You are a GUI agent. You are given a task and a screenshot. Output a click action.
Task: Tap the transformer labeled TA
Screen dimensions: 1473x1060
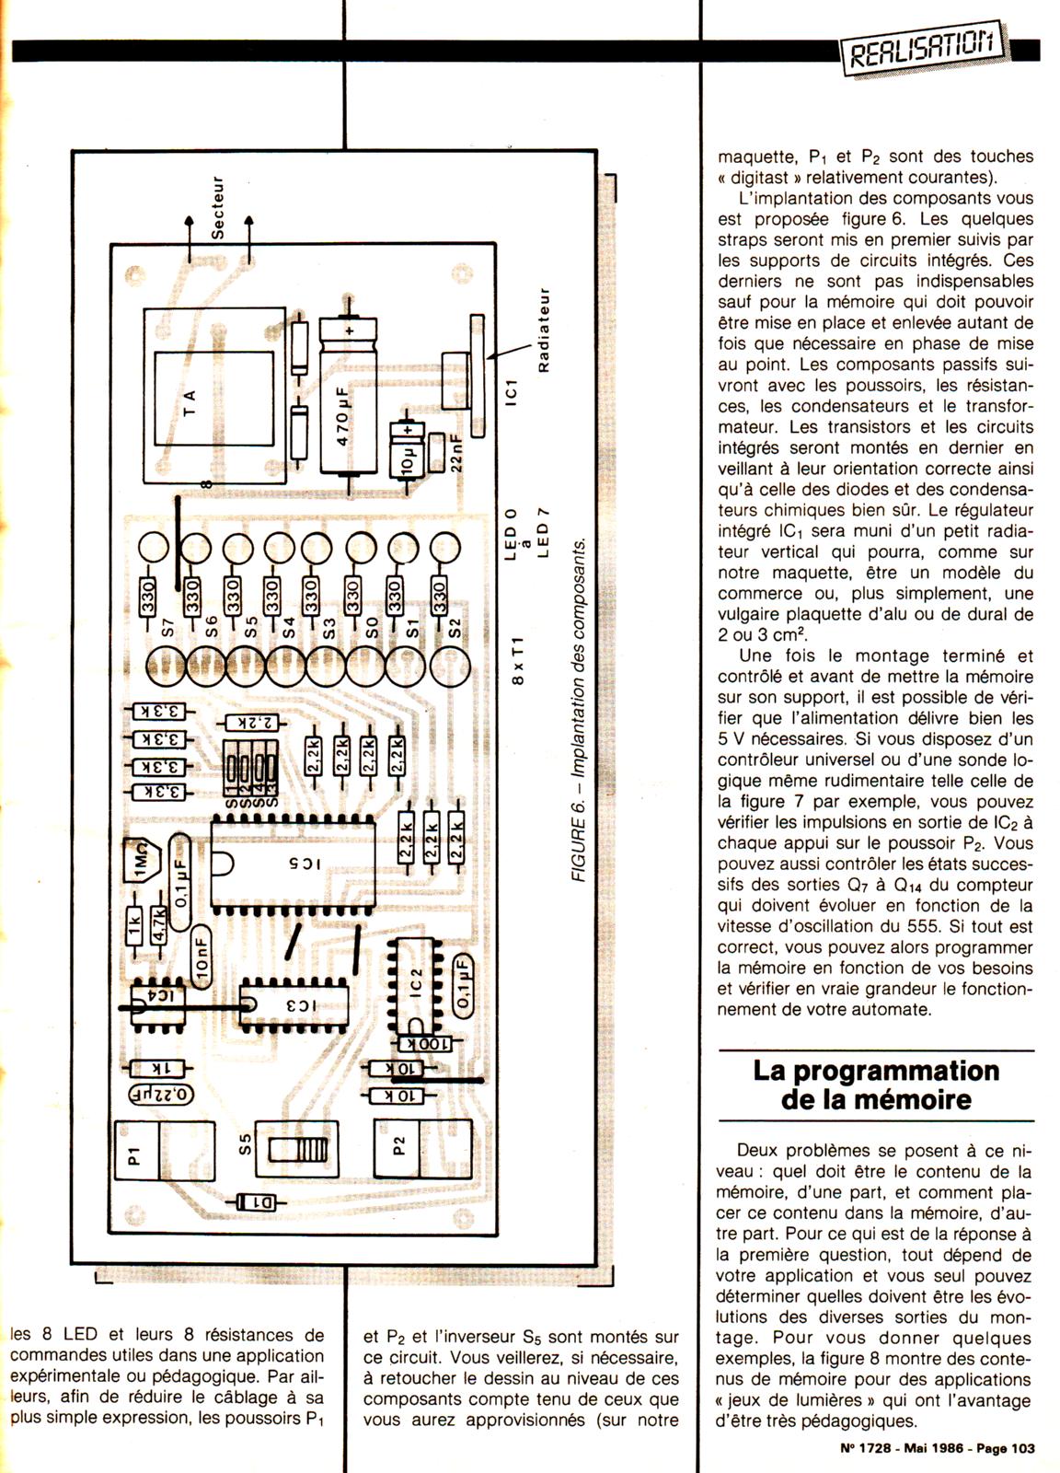point(213,396)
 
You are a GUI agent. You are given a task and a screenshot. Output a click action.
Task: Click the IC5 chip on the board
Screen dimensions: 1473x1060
point(294,864)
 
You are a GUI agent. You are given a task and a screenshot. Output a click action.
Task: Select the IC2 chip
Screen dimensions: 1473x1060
point(416,985)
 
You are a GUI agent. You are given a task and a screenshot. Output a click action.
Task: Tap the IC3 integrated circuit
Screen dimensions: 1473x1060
point(294,1005)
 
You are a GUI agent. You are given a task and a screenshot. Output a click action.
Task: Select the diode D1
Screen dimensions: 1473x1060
point(262,1201)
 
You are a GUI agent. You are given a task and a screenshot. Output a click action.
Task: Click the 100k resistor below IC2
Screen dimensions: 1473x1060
point(426,1044)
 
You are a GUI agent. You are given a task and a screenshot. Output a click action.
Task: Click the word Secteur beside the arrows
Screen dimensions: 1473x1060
point(218,208)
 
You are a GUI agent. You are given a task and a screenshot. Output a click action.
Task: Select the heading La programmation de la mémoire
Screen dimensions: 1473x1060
point(875,1084)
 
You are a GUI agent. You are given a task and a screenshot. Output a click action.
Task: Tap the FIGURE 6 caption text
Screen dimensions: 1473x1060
point(579,709)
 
